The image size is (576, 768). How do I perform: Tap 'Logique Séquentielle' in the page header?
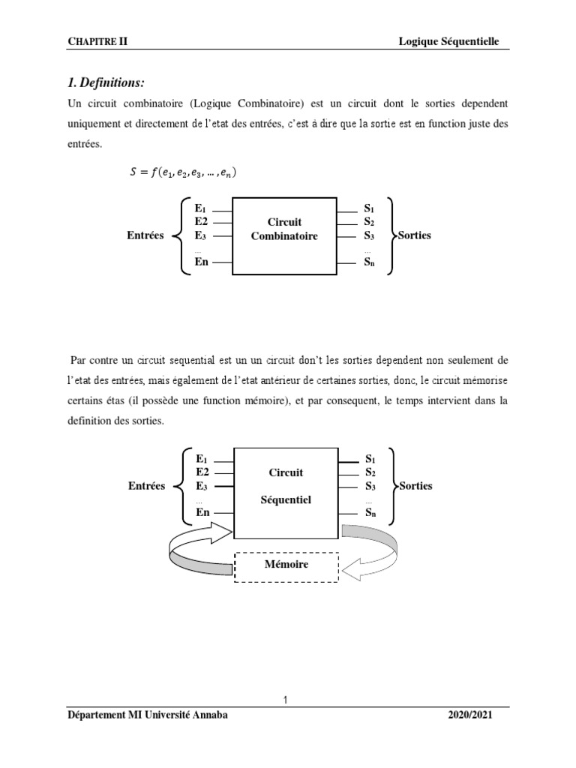(448, 42)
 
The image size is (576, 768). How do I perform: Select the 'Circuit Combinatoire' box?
(284, 229)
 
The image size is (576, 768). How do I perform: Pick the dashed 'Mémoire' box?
(286, 564)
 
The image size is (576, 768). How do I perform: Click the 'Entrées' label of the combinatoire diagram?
(145, 235)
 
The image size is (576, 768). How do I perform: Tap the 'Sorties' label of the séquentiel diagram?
(416, 486)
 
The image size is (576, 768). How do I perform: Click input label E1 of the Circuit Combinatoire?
(200, 208)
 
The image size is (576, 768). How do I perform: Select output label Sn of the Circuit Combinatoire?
(368, 262)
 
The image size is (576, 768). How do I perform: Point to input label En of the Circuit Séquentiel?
(202, 512)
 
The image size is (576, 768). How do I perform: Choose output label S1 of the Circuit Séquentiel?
(370, 457)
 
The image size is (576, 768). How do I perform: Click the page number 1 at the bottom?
(286, 700)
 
